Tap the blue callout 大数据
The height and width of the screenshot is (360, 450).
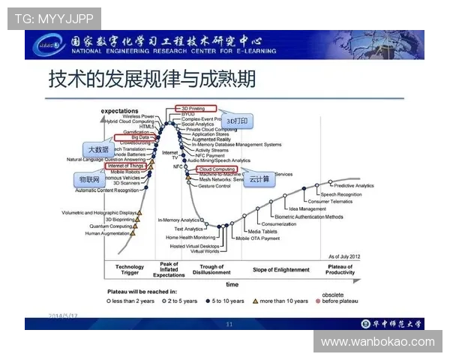coord(99,148)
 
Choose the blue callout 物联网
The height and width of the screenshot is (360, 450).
coord(90,181)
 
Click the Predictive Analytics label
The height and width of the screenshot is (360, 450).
coord(353,185)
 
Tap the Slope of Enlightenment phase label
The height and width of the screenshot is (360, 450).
coord(280,269)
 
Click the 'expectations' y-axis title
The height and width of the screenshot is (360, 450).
coord(119,111)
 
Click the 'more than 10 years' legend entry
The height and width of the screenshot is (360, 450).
coord(283,301)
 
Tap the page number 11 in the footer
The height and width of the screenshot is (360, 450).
coord(229,324)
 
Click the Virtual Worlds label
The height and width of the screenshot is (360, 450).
coord(204,251)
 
